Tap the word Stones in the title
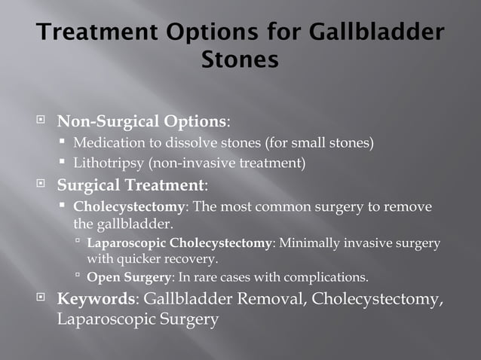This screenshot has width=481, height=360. [240, 59]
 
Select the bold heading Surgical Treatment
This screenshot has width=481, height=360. [130, 184]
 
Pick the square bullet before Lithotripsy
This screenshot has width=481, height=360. [63, 162]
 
